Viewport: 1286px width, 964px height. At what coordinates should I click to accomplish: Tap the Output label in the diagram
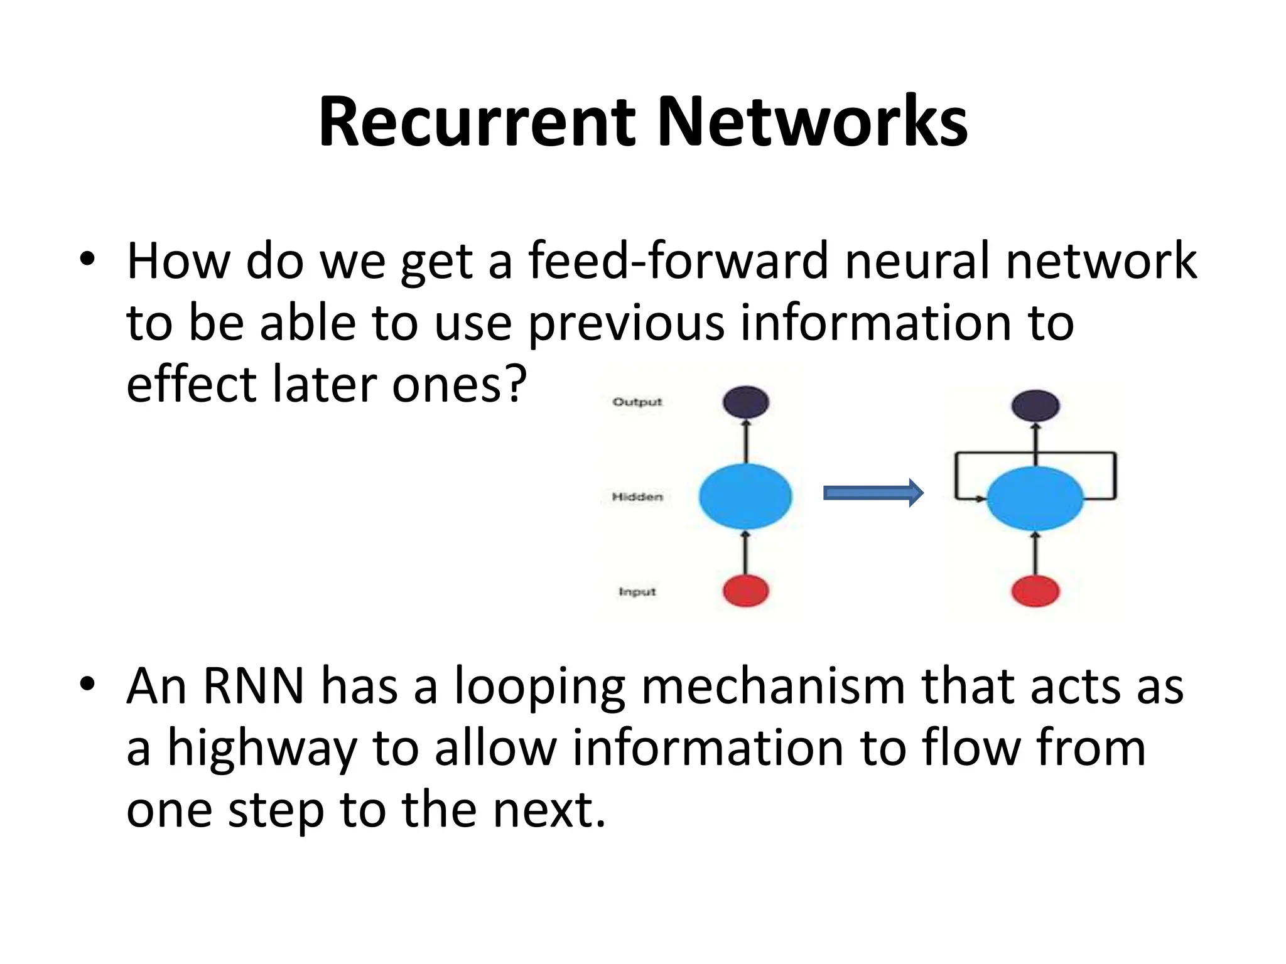pyautogui.click(x=637, y=402)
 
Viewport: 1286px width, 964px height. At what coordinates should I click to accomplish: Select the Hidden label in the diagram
pyautogui.click(x=637, y=497)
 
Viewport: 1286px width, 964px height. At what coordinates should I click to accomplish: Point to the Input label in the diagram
pyautogui.click(x=637, y=592)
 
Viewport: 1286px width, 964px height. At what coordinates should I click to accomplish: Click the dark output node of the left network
pyautogui.click(x=745, y=402)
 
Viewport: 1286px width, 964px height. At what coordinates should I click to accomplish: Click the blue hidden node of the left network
pyautogui.click(x=745, y=496)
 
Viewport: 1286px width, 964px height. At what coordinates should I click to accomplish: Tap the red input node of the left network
pyautogui.click(x=745, y=591)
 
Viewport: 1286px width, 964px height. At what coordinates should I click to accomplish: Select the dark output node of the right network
pyautogui.click(x=1035, y=405)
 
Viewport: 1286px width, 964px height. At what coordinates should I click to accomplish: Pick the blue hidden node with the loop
pyautogui.click(x=1035, y=499)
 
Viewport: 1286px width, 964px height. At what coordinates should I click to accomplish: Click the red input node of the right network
pyautogui.click(x=1035, y=591)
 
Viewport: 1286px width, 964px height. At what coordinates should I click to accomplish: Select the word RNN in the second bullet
pyautogui.click(x=253, y=686)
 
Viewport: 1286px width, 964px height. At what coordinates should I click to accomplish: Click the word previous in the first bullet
pyautogui.click(x=626, y=323)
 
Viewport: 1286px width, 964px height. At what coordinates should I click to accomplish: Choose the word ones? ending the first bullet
pyautogui.click(x=458, y=384)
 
